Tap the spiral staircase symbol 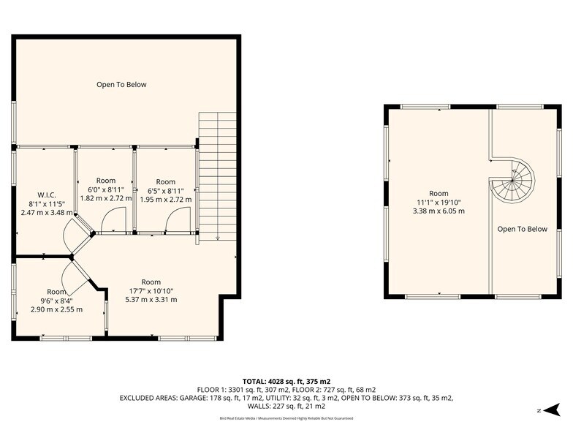513,181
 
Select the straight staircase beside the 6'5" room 218,176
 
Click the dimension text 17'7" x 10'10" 151,290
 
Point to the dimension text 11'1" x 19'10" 439,203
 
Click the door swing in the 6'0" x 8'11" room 114,219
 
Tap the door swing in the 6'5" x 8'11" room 179,219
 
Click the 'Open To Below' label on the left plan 121,85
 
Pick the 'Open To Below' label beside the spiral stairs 522,229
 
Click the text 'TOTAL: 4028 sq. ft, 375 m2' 286,381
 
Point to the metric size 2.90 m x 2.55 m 56,309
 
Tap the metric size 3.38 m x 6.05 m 439,211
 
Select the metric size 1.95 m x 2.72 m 166,199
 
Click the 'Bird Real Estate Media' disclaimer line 286,418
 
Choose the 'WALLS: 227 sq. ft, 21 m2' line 286,407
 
